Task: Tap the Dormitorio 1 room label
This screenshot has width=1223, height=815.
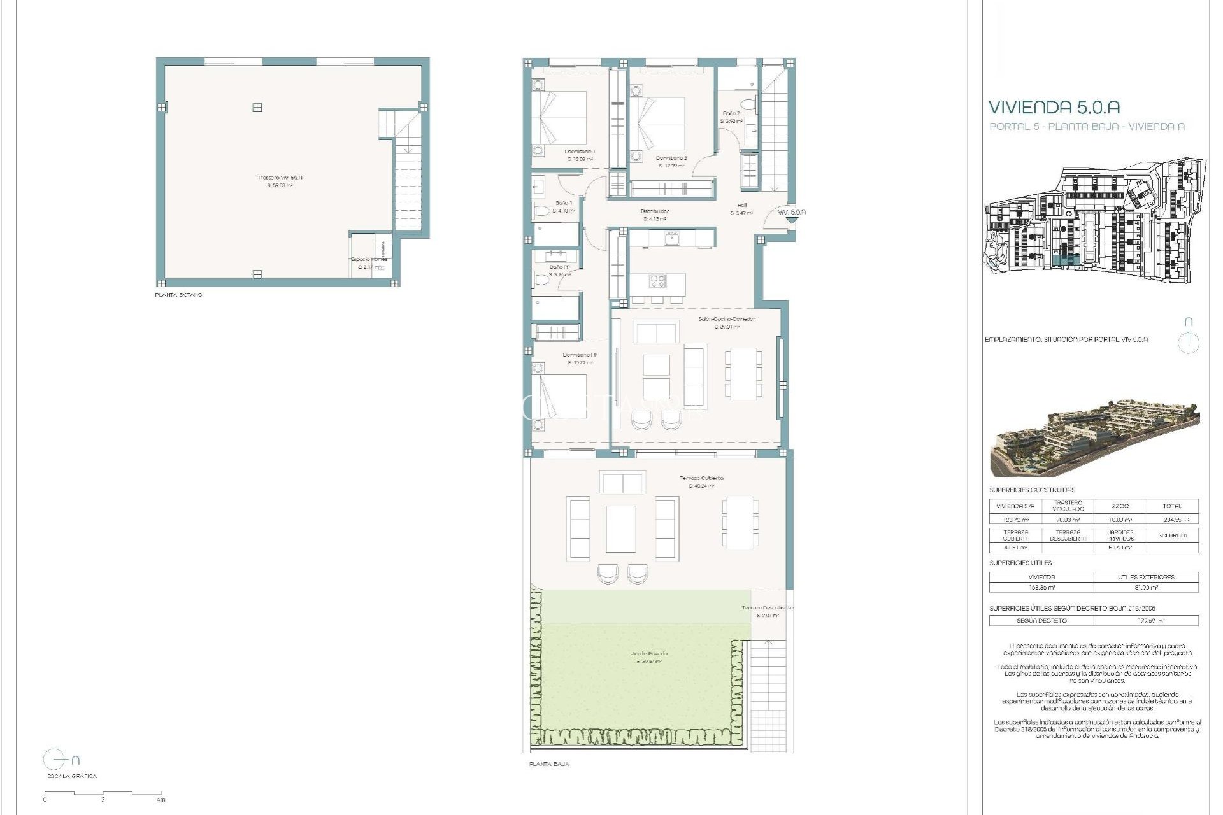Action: point(580,152)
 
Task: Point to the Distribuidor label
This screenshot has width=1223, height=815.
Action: point(655,211)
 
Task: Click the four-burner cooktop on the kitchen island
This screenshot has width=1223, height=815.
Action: point(657,281)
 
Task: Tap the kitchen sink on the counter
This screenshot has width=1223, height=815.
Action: point(671,239)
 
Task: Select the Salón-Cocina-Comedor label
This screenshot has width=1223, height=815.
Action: point(726,319)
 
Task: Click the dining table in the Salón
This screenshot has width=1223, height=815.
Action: point(743,373)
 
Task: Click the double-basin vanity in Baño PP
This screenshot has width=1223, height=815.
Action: point(555,257)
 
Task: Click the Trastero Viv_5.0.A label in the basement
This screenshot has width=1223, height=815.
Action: point(279,178)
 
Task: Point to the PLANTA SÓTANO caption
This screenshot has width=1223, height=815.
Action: point(178,295)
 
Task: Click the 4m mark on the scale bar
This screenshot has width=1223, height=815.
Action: point(161,799)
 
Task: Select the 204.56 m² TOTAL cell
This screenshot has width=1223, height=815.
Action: point(1172,520)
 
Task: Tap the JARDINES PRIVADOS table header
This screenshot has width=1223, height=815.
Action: point(1120,535)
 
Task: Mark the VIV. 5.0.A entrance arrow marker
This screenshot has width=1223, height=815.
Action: point(792,219)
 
